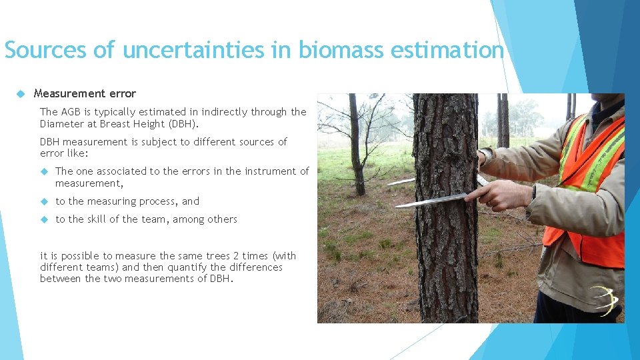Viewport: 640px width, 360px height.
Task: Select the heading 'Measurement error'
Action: click(x=85, y=93)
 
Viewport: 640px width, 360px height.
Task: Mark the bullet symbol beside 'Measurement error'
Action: click(x=21, y=93)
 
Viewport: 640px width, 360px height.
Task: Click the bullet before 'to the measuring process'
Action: click(x=44, y=201)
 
